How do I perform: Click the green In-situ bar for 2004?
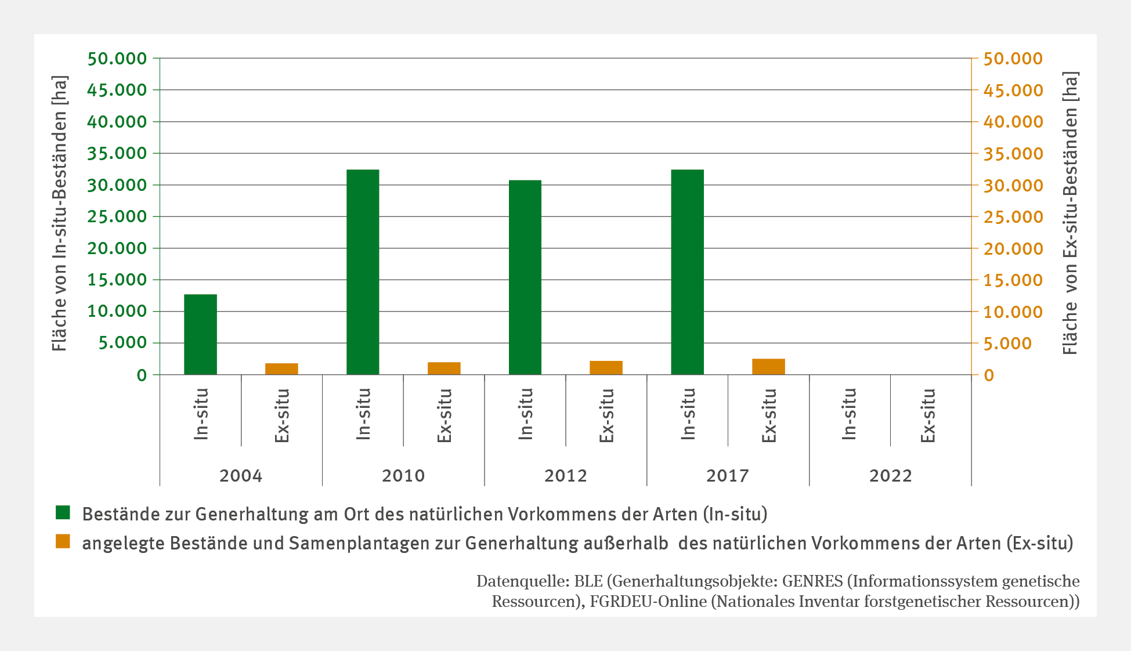200,334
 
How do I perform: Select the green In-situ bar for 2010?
363,272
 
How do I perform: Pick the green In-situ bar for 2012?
525,277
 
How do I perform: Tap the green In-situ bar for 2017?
687,272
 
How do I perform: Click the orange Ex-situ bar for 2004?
281,369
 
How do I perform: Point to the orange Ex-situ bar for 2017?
768,367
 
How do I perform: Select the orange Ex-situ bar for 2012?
606,368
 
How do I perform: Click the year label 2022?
890,476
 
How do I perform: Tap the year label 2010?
403,476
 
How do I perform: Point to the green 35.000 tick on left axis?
117,153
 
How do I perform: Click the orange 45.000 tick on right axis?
1013,91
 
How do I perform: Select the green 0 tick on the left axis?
142,375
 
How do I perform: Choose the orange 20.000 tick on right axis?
1013,249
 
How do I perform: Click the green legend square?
63,513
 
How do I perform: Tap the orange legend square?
63,542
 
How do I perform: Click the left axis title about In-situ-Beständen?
59,214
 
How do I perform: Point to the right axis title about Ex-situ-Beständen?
1070,214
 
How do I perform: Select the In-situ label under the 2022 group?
849,414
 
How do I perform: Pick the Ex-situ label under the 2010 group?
444,415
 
